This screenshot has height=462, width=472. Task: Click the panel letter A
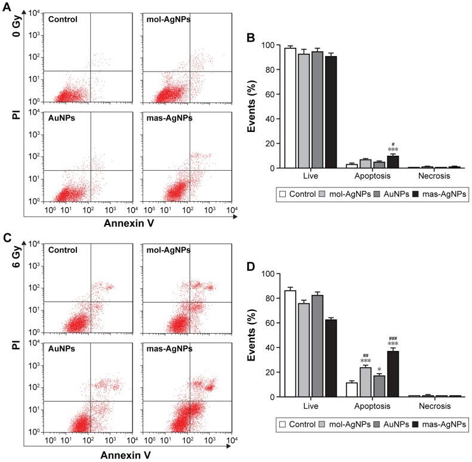5,5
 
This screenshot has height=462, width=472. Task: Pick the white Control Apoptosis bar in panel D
351,390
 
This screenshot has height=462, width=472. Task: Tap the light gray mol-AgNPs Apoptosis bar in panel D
365,382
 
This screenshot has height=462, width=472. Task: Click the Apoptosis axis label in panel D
372,406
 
